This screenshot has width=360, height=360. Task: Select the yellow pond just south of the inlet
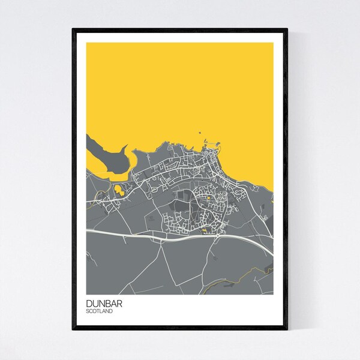pyautogui.click(x=119, y=191)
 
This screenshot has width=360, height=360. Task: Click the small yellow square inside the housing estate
pyautogui.click(x=208, y=198)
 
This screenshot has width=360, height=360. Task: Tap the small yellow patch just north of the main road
pyautogui.click(x=203, y=229)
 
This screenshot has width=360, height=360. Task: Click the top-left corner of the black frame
pyautogui.click(x=73, y=28)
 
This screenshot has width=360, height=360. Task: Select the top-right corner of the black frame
pyautogui.click(x=287, y=28)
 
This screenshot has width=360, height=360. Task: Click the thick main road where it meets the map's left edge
pyautogui.click(x=88, y=229)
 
